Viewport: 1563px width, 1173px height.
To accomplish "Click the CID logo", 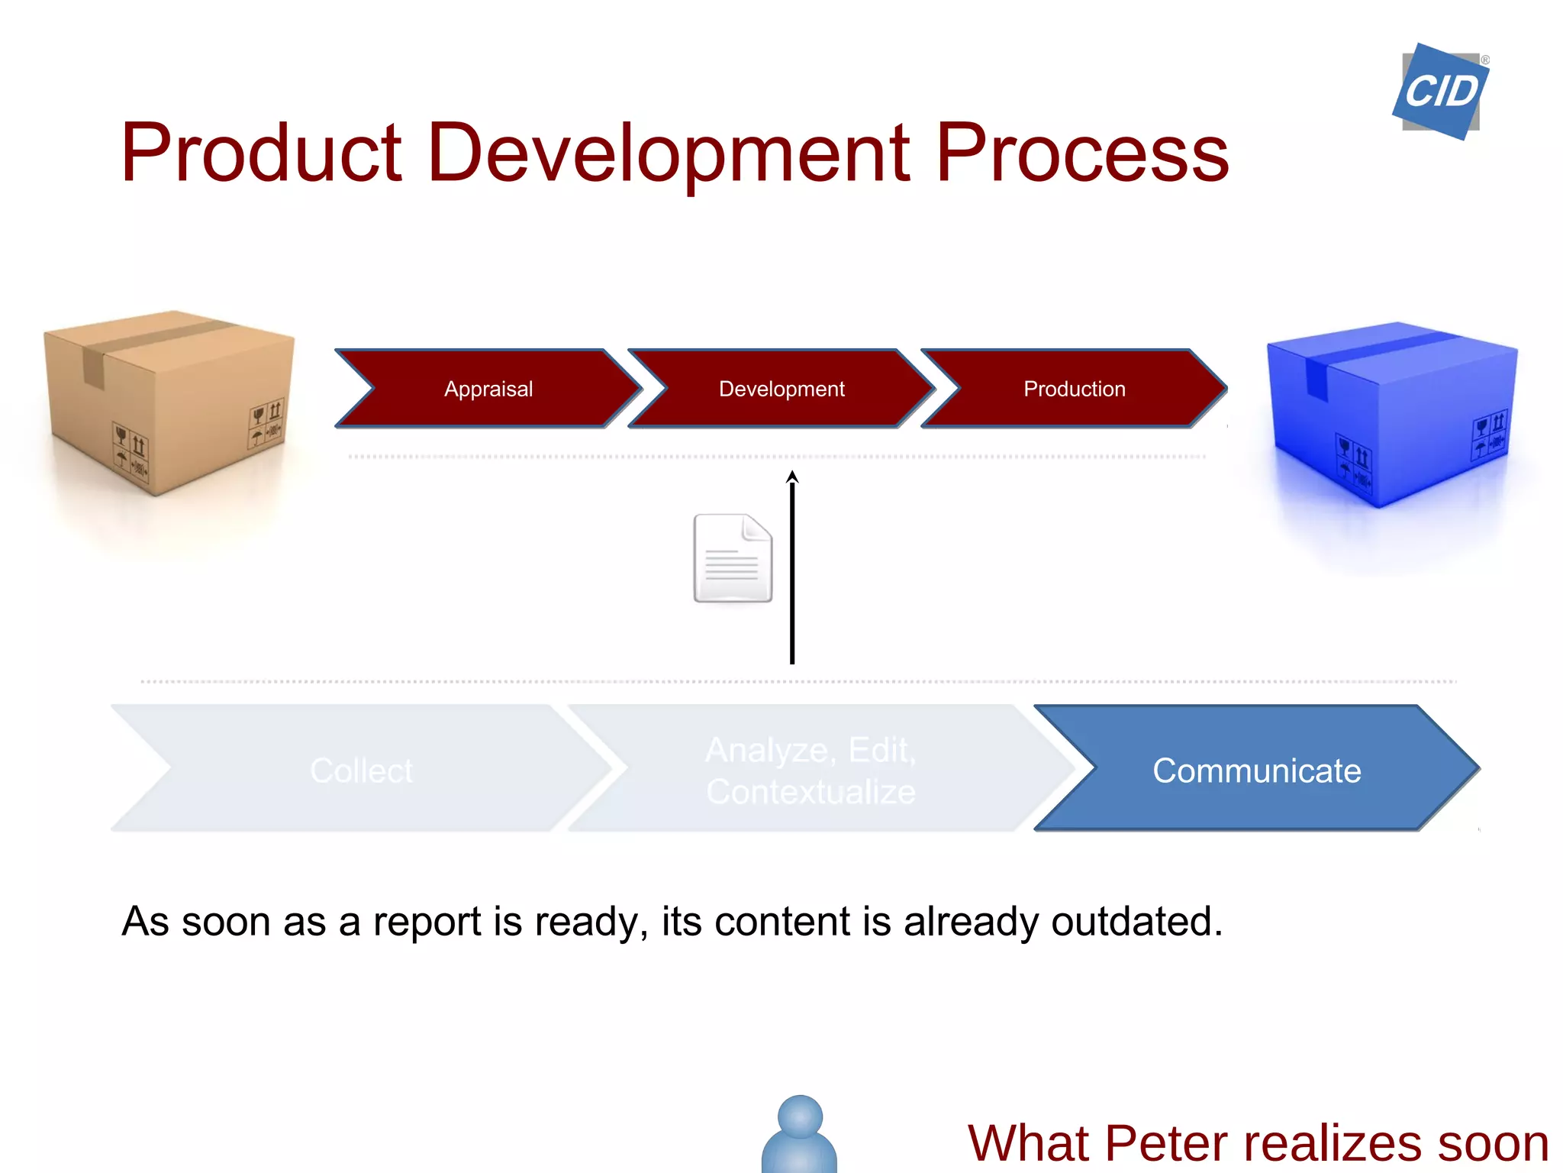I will click(1440, 92).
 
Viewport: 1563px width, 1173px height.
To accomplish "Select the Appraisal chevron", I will click(488, 389).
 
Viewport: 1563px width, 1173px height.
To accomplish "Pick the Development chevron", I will click(781, 389).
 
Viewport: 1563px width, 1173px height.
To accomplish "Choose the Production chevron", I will click(1074, 389).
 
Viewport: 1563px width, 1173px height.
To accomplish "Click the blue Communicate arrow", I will click(1256, 770).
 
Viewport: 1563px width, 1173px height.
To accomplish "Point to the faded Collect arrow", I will click(361, 770).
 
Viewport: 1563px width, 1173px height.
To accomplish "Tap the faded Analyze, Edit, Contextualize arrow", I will click(811, 770).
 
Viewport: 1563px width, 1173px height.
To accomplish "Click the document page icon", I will click(732, 558).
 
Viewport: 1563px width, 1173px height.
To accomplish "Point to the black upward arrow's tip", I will click(792, 475).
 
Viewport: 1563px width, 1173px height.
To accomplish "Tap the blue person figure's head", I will click(800, 1116).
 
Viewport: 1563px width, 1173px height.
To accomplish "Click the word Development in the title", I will click(668, 153).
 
